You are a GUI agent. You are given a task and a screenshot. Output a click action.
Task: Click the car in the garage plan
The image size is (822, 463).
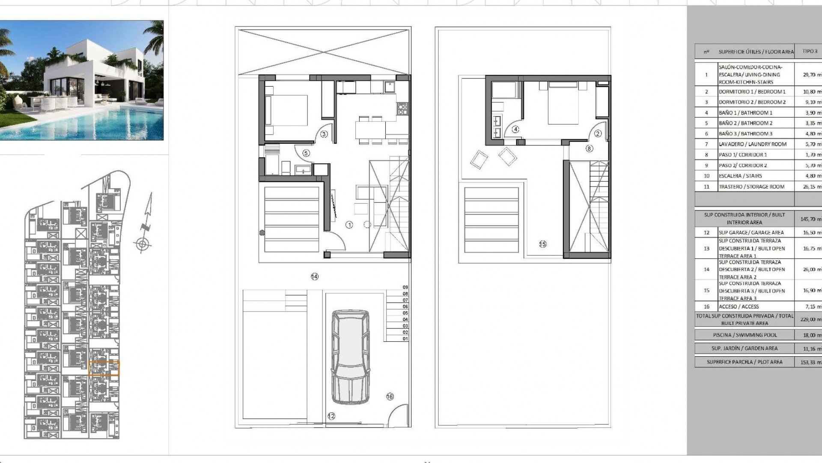[x=351, y=357]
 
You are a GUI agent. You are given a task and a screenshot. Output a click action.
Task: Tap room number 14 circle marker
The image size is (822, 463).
[x=315, y=277]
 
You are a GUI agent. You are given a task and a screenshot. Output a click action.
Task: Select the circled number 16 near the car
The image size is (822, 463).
[x=390, y=397]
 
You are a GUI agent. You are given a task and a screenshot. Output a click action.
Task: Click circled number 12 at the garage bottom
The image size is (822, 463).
[x=331, y=416]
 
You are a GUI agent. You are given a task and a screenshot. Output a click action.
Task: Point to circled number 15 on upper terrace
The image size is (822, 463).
[x=542, y=244]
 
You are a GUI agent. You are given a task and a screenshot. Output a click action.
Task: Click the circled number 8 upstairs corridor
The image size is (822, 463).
[x=589, y=148]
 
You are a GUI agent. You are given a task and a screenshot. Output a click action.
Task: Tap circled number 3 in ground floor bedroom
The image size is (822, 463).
[x=324, y=134]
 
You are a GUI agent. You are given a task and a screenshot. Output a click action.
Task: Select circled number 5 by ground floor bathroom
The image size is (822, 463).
[x=306, y=153]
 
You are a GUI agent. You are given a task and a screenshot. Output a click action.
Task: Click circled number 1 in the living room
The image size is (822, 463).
[x=349, y=225]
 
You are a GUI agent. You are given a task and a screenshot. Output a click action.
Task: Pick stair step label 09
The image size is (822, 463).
[x=405, y=287]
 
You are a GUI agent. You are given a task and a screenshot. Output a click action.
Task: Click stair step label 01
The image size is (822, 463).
[x=405, y=339]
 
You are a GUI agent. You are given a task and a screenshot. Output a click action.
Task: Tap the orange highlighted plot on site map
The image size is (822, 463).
[x=104, y=368]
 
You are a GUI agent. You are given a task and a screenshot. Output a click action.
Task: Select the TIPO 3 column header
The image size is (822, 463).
[x=810, y=51]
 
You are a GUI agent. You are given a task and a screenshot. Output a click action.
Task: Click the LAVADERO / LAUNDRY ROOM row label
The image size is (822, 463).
[x=752, y=144]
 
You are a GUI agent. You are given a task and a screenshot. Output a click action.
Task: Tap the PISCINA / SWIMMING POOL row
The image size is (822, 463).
[x=745, y=335]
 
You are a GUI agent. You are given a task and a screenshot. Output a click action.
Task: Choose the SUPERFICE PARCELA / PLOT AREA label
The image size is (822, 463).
[x=744, y=362]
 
